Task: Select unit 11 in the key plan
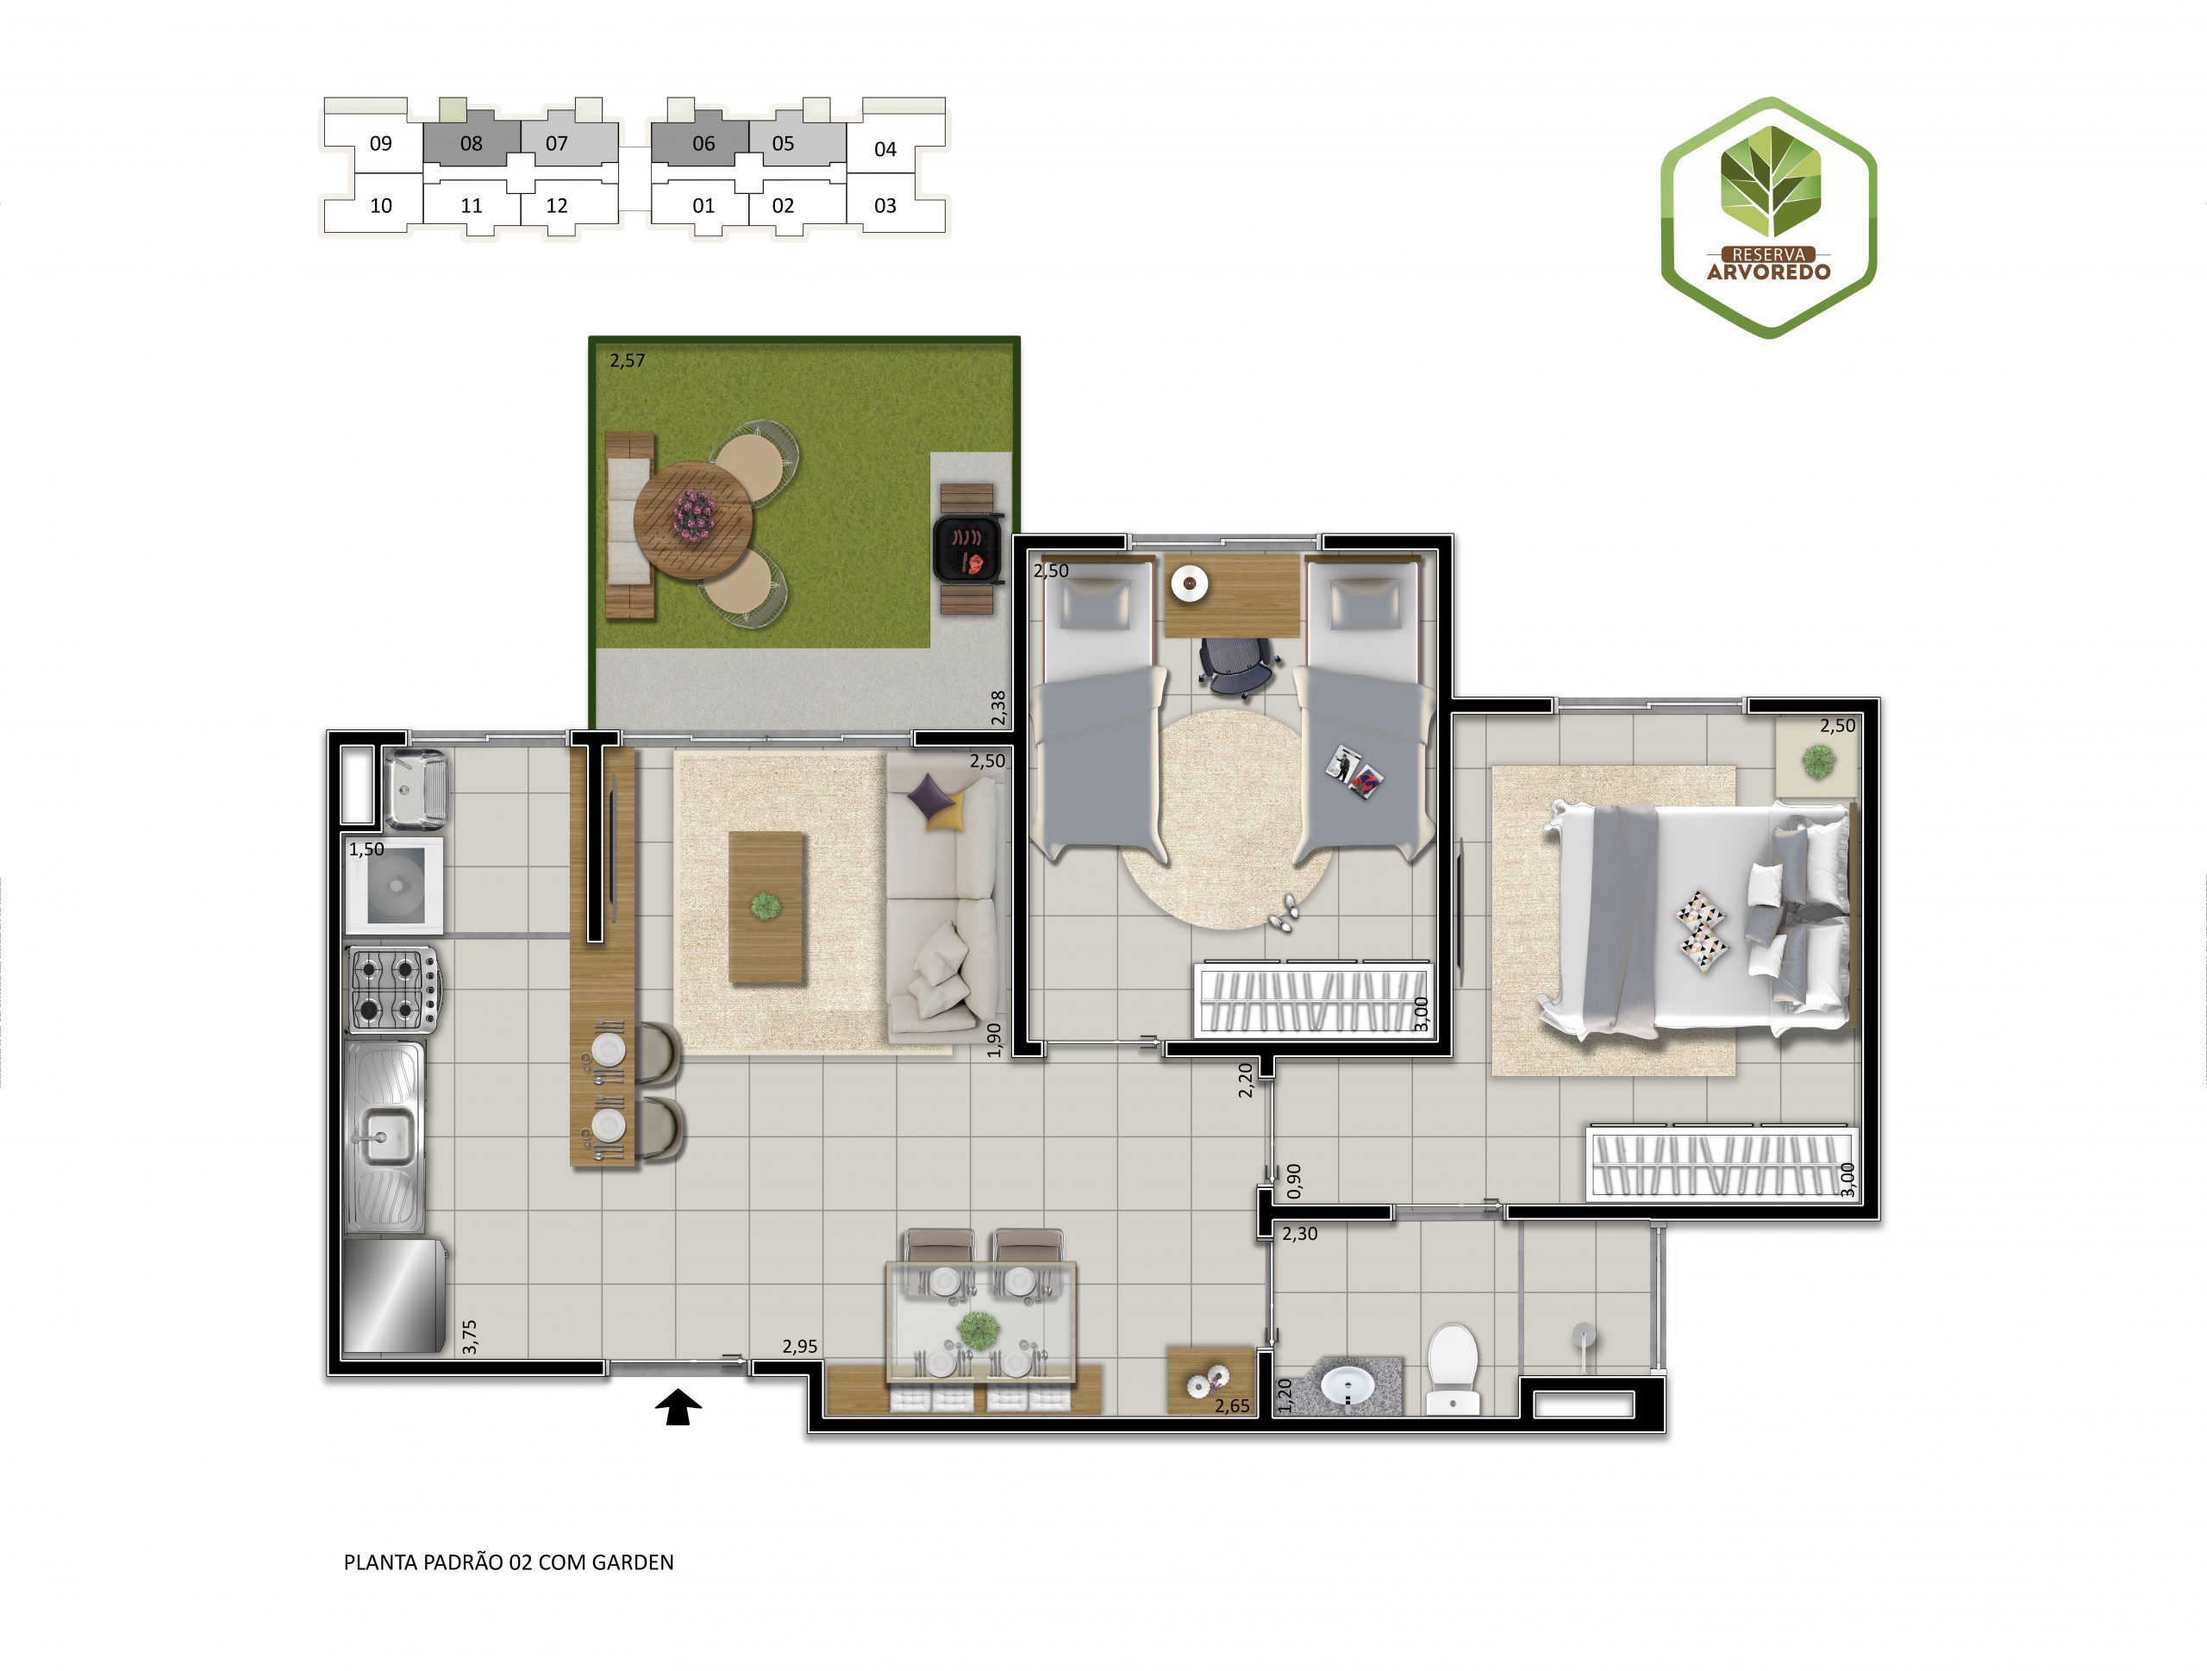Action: pyautogui.click(x=472, y=205)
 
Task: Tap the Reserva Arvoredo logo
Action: pyautogui.click(x=1768, y=217)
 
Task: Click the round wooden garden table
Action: pyautogui.click(x=693, y=519)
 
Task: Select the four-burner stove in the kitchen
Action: pyautogui.click(x=392, y=989)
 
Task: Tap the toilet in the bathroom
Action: pyautogui.click(x=1453, y=1367)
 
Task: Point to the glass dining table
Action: pyautogui.click(x=981, y=1323)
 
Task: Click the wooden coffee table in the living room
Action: pyautogui.click(x=766, y=908)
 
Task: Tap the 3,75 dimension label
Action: pyautogui.click(x=470, y=1336)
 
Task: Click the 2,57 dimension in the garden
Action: pyautogui.click(x=628, y=360)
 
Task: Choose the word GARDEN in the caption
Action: pyautogui.click(x=633, y=1562)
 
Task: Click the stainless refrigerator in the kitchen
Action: pyautogui.click(x=394, y=1295)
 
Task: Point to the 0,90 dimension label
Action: pyautogui.click(x=1295, y=1181)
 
